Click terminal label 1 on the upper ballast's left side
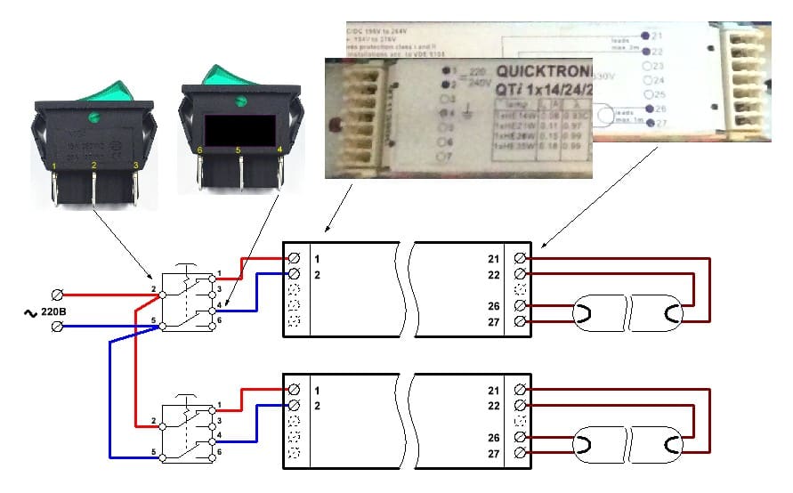316,258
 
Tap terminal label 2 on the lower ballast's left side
316,406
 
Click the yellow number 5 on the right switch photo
239,151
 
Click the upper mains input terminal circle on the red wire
58,295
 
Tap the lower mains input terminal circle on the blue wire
58,327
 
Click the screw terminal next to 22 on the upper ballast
520,274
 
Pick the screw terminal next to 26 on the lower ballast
520,439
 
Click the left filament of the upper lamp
588,312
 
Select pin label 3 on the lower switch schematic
219,419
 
